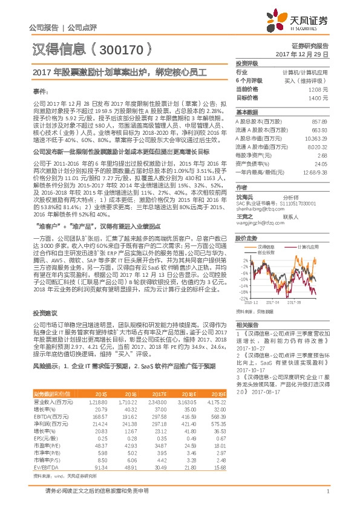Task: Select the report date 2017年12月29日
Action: (301, 54)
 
